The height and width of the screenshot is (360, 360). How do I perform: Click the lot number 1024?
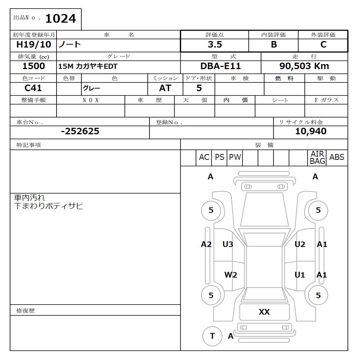(60, 19)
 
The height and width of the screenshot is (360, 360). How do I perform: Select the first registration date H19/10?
(33, 45)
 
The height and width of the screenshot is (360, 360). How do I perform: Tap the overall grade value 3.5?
(215, 45)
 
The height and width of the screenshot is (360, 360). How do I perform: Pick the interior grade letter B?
(274, 45)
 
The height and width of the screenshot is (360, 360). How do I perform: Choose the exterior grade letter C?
(323, 45)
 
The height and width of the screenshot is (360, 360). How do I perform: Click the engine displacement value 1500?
(33, 66)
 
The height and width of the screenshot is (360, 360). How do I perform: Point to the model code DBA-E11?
(220, 66)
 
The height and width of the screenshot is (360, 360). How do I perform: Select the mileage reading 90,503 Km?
(304, 66)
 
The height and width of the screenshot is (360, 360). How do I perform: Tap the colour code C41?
(33, 88)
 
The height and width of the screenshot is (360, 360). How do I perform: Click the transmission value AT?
(165, 88)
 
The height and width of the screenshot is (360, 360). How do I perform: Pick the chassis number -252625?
(80, 131)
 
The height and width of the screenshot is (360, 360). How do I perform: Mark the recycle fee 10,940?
(311, 131)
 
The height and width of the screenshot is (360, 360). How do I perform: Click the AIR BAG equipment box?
(317, 158)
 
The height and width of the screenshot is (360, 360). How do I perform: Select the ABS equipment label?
(337, 157)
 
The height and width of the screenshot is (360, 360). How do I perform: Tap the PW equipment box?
(235, 157)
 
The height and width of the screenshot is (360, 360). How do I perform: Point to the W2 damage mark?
(231, 275)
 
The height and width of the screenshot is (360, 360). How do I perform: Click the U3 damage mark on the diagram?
(228, 245)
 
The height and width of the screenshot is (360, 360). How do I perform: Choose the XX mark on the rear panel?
(264, 312)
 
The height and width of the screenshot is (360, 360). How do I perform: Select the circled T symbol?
(212, 336)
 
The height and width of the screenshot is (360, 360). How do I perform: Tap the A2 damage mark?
(206, 245)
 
